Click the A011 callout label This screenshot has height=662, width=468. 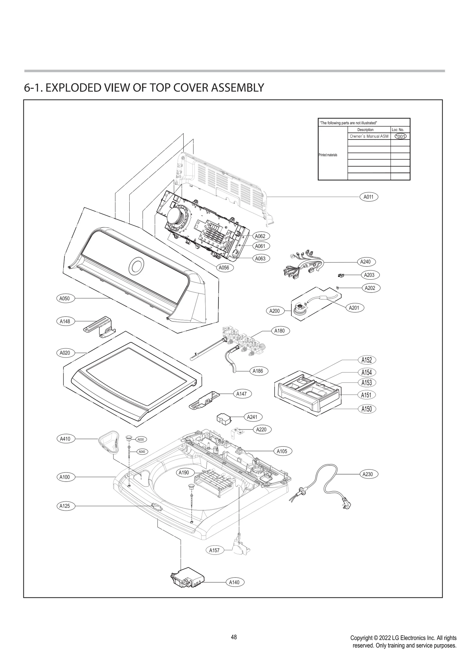(368, 197)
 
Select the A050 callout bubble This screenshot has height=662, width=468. (65, 298)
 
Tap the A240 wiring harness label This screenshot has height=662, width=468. (365, 262)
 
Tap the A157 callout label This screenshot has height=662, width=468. (214, 550)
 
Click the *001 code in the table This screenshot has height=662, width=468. (400, 136)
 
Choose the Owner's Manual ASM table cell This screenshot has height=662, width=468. (369, 136)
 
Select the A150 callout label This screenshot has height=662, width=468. (367, 409)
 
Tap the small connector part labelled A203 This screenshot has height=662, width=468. (340, 275)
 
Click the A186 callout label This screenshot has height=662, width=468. (258, 371)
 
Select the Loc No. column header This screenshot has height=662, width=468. (398, 130)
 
